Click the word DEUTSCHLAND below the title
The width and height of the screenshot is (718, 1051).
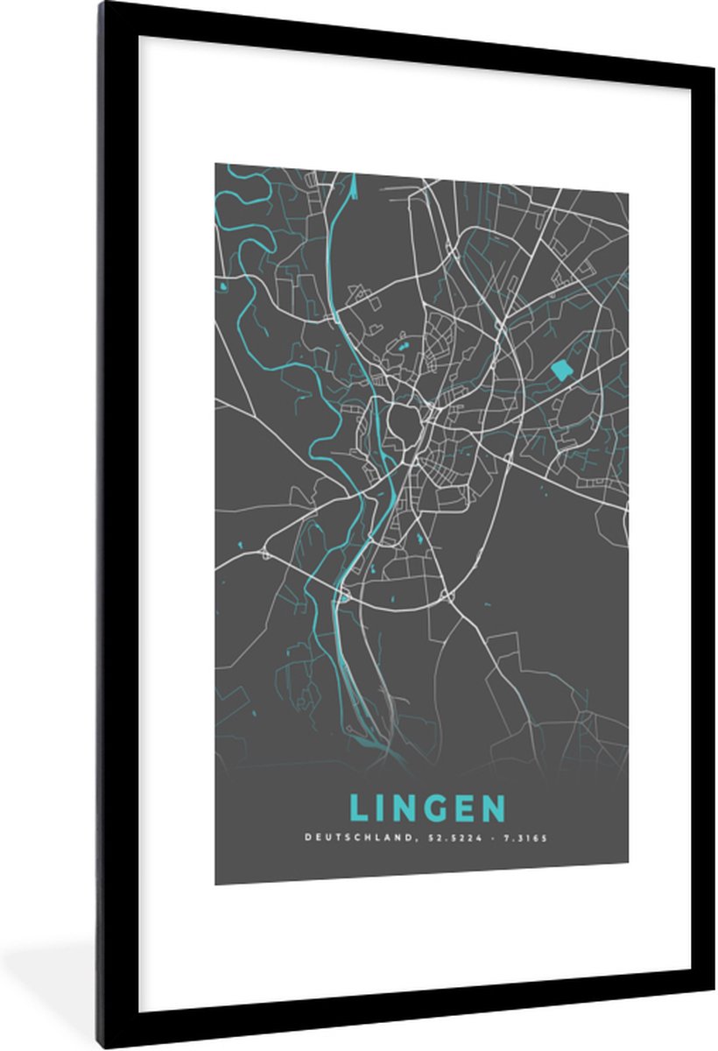pyautogui.click(x=346, y=837)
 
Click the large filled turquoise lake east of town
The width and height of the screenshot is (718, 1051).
pyautogui.click(x=561, y=370)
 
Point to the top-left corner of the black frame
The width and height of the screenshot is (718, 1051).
pyautogui.click(x=101, y=4)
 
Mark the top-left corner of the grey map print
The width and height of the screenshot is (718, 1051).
pyautogui.click(x=215, y=164)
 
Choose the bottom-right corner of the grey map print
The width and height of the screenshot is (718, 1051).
pyautogui.click(x=628, y=884)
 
